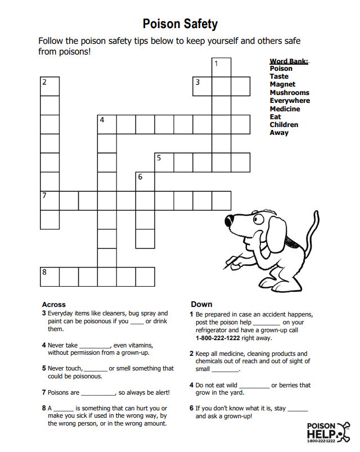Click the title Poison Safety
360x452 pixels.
pyautogui.click(x=179, y=24)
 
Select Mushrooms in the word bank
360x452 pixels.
pyautogui.click(x=289, y=92)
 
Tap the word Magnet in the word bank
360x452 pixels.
pyautogui.click(x=282, y=84)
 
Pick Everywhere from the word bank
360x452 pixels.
pyautogui.click(x=290, y=101)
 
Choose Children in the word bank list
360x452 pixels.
pyautogui.click(x=284, y=124)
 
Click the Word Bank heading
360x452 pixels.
pyautogui.click(x=289, y=61)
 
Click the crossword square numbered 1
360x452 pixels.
pyautogui.click(x=221, y=67)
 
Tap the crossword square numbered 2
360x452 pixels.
pyautogui.click(x=49, y=86)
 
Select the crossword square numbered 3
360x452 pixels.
pyautogui.click(x=202, y=86)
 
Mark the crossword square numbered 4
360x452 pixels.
pyautogui.click(x=107, y=124)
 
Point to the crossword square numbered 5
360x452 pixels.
pyautogui.click(x=164, y=162)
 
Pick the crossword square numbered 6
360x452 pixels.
pyautogui.click(x=145, y=181)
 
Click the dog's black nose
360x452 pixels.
pyautogui.click(x=229, y=219)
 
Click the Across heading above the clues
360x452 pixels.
pyautogui.click(x=53, y=304)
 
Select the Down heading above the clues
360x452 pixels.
pyautogui.click(x=201, y=304)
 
